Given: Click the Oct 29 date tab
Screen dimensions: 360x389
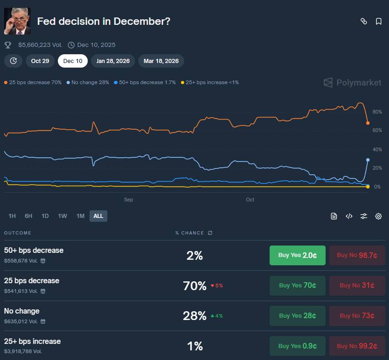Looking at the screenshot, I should pos(40,61).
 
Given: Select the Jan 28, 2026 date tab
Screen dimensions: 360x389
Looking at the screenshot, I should pos(113,61).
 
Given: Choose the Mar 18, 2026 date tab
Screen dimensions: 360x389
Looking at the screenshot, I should pos(161,61).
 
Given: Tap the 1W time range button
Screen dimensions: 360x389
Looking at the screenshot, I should pos(62,216).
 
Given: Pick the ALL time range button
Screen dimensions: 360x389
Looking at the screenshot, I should pos(98,216).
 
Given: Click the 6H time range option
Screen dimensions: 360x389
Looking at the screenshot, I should pos(28,216).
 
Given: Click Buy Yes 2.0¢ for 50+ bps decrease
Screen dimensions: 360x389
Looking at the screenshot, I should pos(297,255).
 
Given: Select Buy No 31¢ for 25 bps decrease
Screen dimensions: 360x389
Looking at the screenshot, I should pos(357,286).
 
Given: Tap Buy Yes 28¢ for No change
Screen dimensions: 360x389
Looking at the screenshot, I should pos(297,316).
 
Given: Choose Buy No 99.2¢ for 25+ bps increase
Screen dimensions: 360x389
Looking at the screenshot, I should pos(357,346).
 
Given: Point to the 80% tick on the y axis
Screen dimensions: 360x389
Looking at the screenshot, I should pos(377,112).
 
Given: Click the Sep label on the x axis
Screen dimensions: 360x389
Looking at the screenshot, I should pos(129,200).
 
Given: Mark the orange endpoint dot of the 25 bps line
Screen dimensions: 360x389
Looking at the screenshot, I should pos(368,123).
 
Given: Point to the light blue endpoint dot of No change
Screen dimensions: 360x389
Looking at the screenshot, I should pos(368,160).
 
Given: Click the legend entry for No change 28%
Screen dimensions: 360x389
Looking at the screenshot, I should pos(88,82).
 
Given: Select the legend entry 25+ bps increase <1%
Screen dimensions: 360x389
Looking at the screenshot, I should pos(210,82).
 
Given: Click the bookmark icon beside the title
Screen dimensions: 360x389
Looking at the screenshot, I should pos(378,21).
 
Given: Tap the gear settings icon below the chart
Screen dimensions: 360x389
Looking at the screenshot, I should pos(378,216).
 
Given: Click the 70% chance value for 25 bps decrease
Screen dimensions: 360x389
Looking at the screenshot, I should pos(195,286).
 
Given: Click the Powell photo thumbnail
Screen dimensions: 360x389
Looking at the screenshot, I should pos(17,21).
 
